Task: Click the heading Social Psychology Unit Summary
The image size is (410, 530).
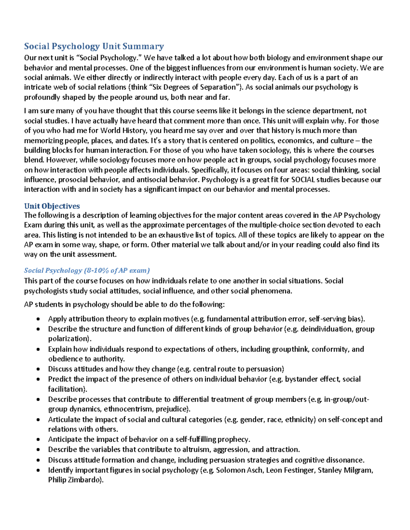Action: pos(94,46)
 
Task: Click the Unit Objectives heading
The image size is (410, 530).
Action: pos(52,206)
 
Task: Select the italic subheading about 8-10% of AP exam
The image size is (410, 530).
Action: pos(87,271)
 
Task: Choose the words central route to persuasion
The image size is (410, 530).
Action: pos(238,369)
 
